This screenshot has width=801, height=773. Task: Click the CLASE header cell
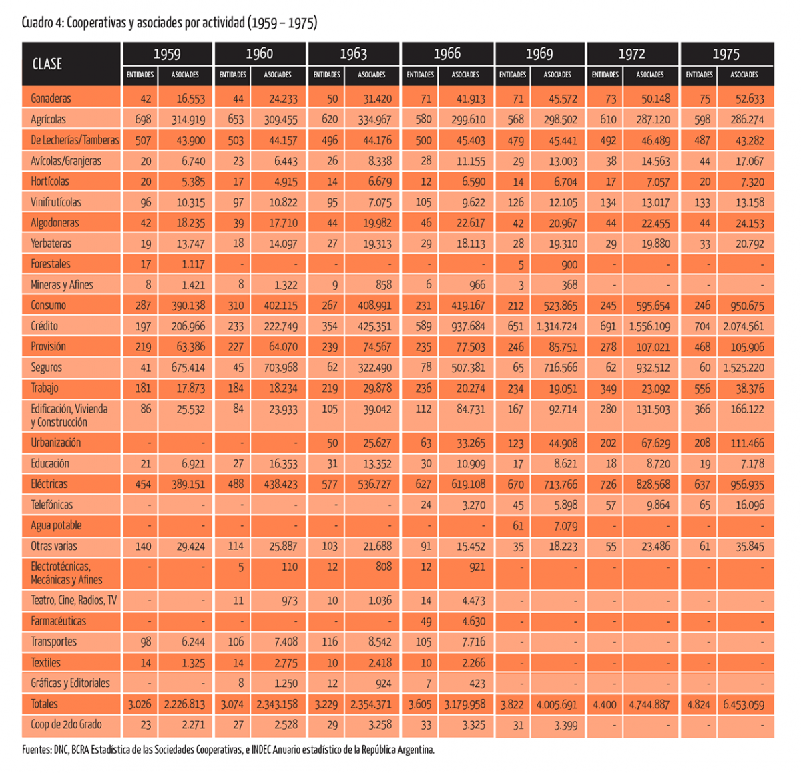click(47, 64)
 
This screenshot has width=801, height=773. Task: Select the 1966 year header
click(447, 53)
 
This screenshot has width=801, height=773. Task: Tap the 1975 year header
click(726, 54)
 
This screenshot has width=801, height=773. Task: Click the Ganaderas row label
click(51, 99)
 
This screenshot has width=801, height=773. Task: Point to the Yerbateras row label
click(51, 243)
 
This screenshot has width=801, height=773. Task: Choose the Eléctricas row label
click(49, 484)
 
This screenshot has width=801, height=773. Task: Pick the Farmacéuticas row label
click(59, 621)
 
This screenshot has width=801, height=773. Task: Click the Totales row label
click(45, 704)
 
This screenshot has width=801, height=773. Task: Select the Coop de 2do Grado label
click(66, 724)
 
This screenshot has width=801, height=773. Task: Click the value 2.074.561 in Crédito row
click(744, 326)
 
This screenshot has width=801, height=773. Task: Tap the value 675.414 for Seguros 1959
click(188, 368)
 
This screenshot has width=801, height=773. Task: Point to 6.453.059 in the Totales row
click(744, 704)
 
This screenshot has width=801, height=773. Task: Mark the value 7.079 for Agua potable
click(565, 525)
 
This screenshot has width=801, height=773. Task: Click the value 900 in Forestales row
click(569, 264)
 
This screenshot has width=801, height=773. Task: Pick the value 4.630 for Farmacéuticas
click(473, 621)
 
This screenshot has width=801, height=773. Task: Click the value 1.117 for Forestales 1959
click(193, 264)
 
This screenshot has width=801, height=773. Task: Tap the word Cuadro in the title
click(37, 23)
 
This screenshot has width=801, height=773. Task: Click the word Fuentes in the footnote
click(37, 750)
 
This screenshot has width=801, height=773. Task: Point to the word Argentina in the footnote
click(415, 750)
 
